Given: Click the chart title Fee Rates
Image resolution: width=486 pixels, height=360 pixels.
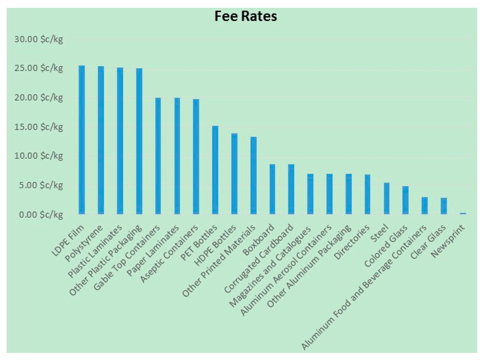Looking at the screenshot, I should [x=245, y=17].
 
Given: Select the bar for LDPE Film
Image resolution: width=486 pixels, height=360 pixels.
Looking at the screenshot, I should [x=82, y=140].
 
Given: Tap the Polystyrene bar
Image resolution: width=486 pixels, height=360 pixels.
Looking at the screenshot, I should [x=101, y=140].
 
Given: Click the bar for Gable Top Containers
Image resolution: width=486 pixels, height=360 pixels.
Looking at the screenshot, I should [x=158, y=156].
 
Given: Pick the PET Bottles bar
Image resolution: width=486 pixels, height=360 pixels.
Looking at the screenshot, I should [x=215, y=170].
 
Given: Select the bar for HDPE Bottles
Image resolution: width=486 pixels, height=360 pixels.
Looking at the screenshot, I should [x=234, y=174].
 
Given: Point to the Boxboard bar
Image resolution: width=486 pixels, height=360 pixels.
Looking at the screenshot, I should [x=272, y=189].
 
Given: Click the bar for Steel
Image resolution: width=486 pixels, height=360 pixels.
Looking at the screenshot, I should [x=386, y=199].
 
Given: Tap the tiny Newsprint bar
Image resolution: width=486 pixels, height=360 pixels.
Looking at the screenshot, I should [x=463, y=214].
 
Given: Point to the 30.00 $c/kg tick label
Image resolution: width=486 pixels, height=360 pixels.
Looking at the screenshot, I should [x=38, y=39].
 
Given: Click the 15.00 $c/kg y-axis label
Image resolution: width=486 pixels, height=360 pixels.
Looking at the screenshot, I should [x=38, y=127].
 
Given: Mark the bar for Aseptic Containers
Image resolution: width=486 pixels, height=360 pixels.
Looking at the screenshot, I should [x=196, y=157].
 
